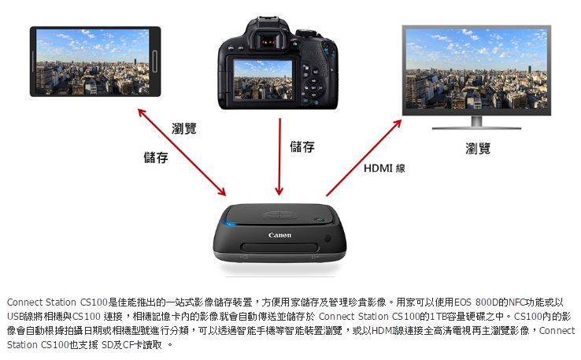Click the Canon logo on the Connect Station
point(279,235)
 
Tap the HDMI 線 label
point(384,169)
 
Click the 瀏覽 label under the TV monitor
point(478,148)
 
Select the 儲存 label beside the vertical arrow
point(302,147)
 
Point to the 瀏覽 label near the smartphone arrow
point(183,128)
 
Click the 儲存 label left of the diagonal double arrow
point(156,158)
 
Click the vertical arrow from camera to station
point(279,157)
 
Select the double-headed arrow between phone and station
point(182,152)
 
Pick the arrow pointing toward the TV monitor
point(364,158)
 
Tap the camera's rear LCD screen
point(264,80)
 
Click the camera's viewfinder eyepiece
point(268,41)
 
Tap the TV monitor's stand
point(476,123)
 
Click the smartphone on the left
point(95,61)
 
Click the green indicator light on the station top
point(319,220)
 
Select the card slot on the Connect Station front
point(279,247)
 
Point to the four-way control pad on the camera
point(313,87)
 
